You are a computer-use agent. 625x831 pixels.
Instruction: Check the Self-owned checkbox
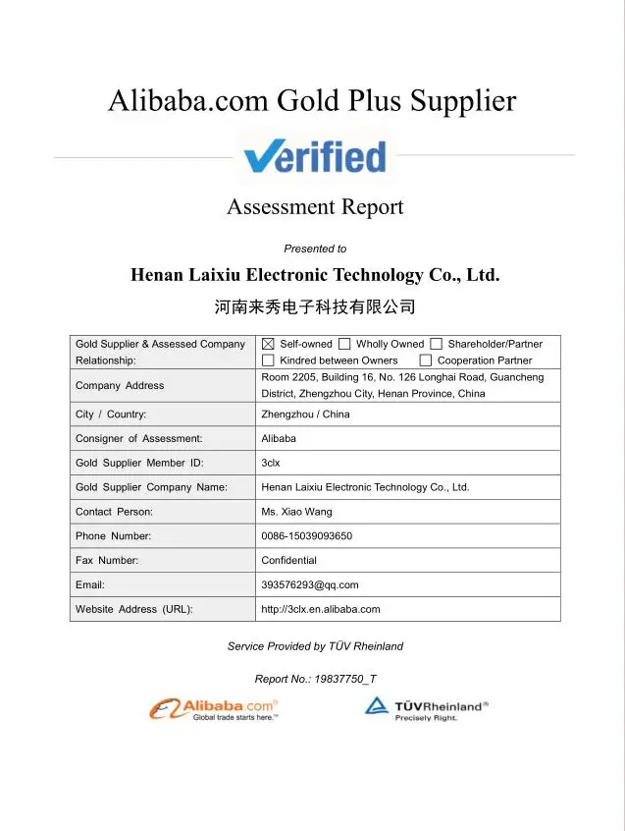(268, 344)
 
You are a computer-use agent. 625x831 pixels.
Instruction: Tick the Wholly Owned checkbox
(344, 344)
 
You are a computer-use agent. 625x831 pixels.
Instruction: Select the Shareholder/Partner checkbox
(436, 344)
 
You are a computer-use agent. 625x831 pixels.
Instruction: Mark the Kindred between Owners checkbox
(268, 360)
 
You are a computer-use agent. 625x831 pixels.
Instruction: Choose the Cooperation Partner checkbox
(425, 360)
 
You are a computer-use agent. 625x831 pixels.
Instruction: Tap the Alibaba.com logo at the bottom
(214, 708)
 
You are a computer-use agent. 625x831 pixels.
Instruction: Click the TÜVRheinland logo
(427, 709)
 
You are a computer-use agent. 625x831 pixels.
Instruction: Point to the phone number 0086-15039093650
(306, 536)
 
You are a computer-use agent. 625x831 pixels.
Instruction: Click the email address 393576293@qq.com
(310, 584)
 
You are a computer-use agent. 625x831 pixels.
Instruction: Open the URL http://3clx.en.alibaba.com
(320, 609)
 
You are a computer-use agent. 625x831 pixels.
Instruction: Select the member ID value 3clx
(271, 463)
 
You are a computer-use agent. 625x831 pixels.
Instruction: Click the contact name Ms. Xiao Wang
(296, 512)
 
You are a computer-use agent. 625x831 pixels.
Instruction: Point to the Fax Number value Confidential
(288, 560)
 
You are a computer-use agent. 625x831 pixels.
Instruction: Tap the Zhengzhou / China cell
(305, 415)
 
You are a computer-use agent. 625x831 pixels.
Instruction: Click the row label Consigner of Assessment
(139, 438)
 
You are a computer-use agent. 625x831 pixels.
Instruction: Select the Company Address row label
(120, 385)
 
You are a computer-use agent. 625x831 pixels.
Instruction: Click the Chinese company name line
(315, 307)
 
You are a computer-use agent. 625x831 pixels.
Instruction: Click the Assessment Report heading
(315, 207)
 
